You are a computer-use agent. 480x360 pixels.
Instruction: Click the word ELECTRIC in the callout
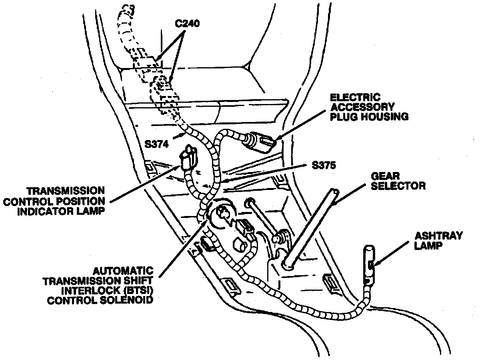[350, 98]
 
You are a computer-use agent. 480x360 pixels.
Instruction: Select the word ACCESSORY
[362, 107]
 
